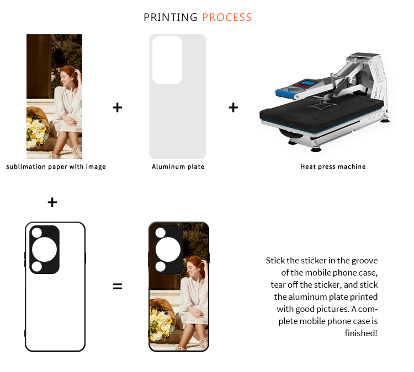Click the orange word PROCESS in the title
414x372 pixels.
pyautogui.click(x=227, y=18)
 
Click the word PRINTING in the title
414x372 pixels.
pyautogui.click(x=171, y=18)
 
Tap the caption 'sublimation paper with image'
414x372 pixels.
pyautogui.click(x=56, y=167)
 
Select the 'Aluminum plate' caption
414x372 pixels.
pyautogui.click(x=178, y=166)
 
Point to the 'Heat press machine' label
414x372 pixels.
pyautogui.click(x=333, y=166)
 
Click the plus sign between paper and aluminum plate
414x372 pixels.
pyautogui.click(x=118, y=107)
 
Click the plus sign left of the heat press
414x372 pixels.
pyautogui.click(x=233, y=107)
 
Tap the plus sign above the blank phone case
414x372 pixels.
pyautogui.click(x=52, y=202)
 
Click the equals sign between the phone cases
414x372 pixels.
pyautogui.click(x=118, y=287)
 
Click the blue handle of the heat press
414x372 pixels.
pyautogui.click(x=286, y=93)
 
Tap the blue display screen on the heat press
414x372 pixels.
pyautogui.click(x=307, y=83)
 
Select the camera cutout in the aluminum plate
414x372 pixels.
pyautogui.click(x=167, y=60)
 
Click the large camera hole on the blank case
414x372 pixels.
pyautogui.click(x=44, y=250)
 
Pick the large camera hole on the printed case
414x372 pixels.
pyautogui.click(x=168, y=250)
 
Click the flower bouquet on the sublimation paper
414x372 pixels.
pyautogui.click(x=38, y=129)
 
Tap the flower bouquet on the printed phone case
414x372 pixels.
pyautogui.click(x=161, y=320)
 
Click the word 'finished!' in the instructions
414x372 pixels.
pyautogui.click(x=361, y=333)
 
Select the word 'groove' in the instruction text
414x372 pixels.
pyautogui.click(x=364, y=261)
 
